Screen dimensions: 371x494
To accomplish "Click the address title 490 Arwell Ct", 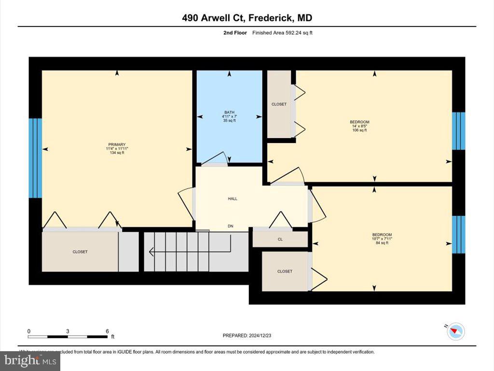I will pyautogui.click(x=247, y=18).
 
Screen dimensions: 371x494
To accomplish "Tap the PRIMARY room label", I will pyautogui.click(x=117, y=144).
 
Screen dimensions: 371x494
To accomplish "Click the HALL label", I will pyautogui.click(x=233, y=199).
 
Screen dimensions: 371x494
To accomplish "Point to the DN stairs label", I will pyautogui.click(x=231, y=226).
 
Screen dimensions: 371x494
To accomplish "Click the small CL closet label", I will pyautogui.click(x=280, y=239).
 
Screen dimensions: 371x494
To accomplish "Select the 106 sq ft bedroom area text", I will pyautogui.click(x=359, y=130).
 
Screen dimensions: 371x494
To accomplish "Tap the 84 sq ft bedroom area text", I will pyautogui.click(x=381, y=243).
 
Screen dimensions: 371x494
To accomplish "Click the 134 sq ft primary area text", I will pyautogui.click(x=117, y=153).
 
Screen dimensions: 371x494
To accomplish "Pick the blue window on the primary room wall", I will pyautogui.click(x=35, y=158).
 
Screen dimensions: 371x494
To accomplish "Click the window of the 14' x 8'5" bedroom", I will pyautogui.click(x=458, y=131).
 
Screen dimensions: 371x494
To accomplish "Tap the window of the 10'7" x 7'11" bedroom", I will pyautogui.click(x=458, y=234).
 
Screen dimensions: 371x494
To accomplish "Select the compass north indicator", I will pyautogui.click(x=455, y=331).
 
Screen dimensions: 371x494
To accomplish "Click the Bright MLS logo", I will pyautogui.click(x=30, y=360).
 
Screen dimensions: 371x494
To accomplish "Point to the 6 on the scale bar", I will pyautogui.click(x=107, y=331).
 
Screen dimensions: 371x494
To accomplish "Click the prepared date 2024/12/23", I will pyautogui.click(x=250, y=335).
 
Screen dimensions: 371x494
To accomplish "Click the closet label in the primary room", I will pyautogui.click(x=80, y=252).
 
